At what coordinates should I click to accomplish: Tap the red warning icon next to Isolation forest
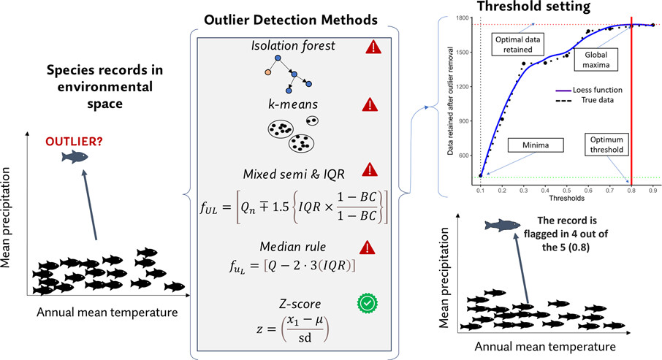(374, 47)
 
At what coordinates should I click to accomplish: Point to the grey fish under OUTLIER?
(75, 157)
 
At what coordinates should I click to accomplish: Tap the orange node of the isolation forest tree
(269, 72)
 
